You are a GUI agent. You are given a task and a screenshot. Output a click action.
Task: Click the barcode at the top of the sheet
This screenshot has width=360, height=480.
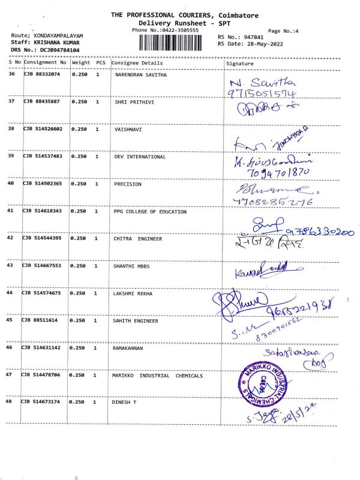point(175,43)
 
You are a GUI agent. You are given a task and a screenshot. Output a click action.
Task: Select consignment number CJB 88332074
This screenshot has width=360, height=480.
point(43,74)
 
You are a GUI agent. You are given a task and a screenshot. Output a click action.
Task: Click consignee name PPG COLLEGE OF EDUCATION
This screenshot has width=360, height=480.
point(150,212)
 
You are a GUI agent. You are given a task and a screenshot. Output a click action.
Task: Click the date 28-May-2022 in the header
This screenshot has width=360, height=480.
point(269,43)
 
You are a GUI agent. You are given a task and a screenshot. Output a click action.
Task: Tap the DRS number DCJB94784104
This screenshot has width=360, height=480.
point(54,50)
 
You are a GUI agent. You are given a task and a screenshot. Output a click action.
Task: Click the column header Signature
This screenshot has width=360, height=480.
point(240,63)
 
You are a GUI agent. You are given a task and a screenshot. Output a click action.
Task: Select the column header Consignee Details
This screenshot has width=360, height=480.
point(137,63)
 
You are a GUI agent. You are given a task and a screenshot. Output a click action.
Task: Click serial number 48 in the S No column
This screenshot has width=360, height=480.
point(12,402)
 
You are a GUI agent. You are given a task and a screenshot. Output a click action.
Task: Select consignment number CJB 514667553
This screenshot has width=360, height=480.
point(43,266)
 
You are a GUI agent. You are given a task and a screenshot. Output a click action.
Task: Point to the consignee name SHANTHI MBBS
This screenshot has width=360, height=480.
point(131,266)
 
